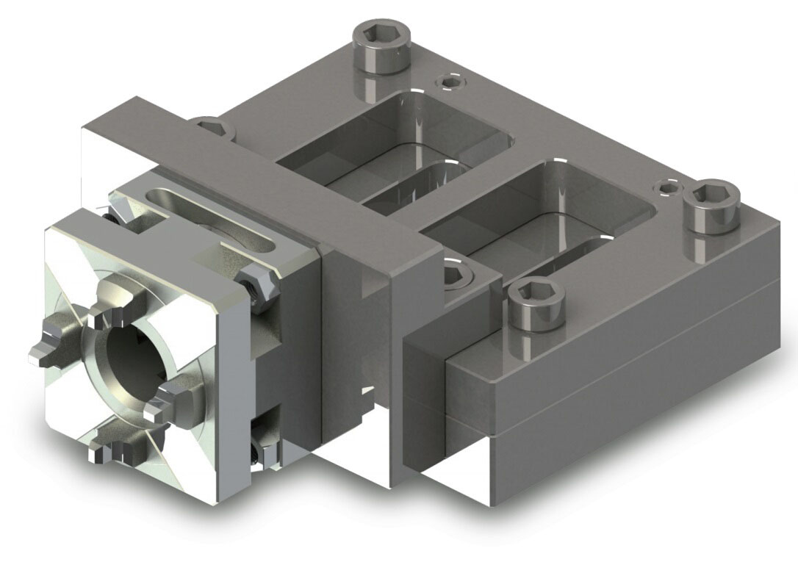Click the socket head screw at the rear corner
[381, 46]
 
